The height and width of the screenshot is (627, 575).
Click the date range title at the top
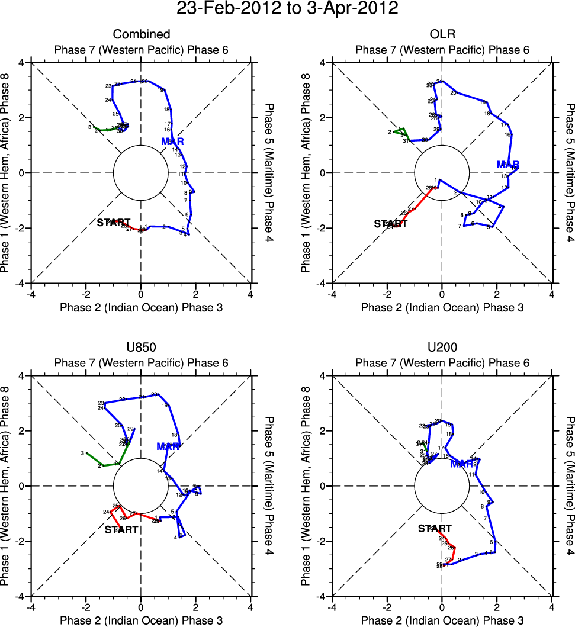(287, 9)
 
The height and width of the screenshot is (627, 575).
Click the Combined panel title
(141, 34)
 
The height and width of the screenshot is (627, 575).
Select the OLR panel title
(442, 34)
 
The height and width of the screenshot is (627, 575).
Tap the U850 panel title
(141, 348)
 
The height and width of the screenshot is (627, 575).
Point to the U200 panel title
(442, 348)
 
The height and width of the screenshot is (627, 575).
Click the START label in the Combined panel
(113, 223)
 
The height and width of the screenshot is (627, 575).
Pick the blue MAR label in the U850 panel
(168, 446)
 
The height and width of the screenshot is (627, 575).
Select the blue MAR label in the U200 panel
(462, 464)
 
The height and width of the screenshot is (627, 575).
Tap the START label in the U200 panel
(435, 529)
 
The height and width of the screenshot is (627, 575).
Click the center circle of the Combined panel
(141, 173)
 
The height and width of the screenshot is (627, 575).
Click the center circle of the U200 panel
(442, 486)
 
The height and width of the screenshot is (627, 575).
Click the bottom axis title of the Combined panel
(141, 307)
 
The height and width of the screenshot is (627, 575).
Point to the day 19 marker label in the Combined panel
(160, 90)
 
